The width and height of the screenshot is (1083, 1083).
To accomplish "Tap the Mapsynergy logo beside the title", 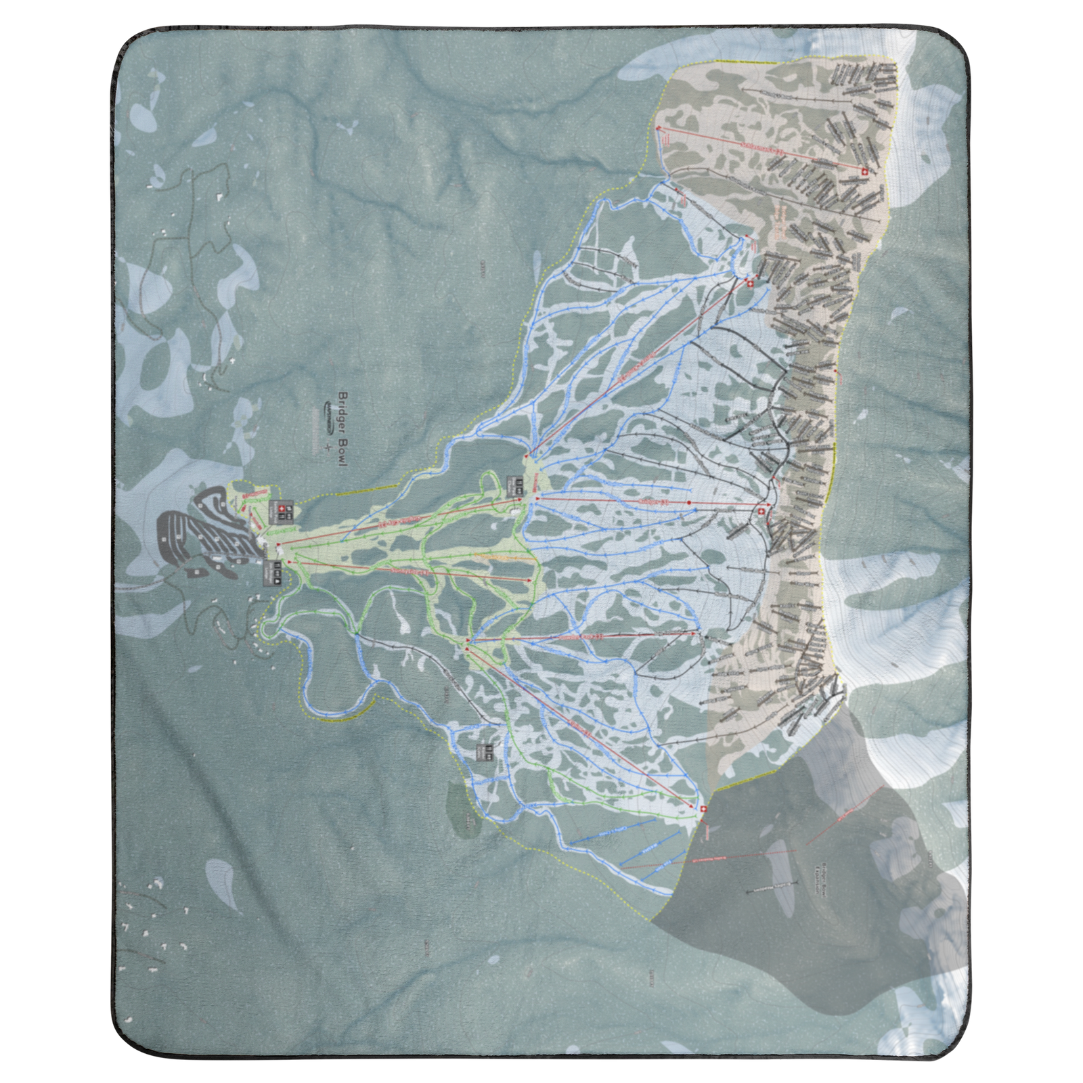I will [x=329, y=410].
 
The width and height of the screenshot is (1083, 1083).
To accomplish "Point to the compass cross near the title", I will [x=329, y=447].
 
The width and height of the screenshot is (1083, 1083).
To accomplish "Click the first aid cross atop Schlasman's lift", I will [x=863, y=173].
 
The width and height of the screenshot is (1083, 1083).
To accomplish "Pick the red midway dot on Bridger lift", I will [x=688, y=503].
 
